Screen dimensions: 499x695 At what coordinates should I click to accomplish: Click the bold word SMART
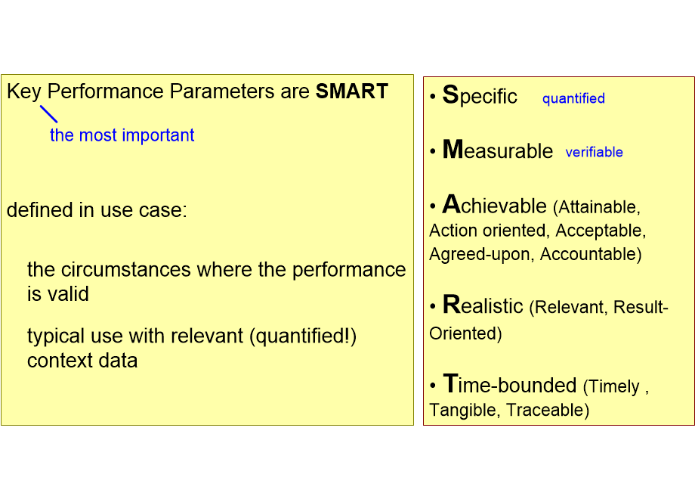point(351,91)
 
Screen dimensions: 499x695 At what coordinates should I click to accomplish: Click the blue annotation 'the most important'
point(122,135)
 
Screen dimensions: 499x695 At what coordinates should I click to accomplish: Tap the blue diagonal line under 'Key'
point(48,113)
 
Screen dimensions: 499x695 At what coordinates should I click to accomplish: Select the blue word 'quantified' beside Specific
point(573,98)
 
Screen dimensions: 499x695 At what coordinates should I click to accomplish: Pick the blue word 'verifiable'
point(594,152)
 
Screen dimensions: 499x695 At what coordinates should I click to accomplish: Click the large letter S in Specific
point(450,95)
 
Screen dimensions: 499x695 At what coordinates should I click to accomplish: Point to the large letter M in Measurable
point(453,150)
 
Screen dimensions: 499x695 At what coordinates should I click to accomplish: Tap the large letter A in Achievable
point(451,204)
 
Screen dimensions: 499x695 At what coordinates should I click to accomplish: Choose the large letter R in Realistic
point(451,305)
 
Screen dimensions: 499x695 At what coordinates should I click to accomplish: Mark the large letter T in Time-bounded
point(450,384)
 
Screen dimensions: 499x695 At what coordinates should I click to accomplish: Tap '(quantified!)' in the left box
point(302,336)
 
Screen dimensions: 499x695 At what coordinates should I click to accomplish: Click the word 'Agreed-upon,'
point(482,254)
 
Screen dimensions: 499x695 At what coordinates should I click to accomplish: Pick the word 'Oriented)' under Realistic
point(465,333)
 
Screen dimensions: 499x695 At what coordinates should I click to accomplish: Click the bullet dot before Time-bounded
point(433,386)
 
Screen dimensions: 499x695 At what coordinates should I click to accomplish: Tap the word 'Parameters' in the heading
point(220,91)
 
